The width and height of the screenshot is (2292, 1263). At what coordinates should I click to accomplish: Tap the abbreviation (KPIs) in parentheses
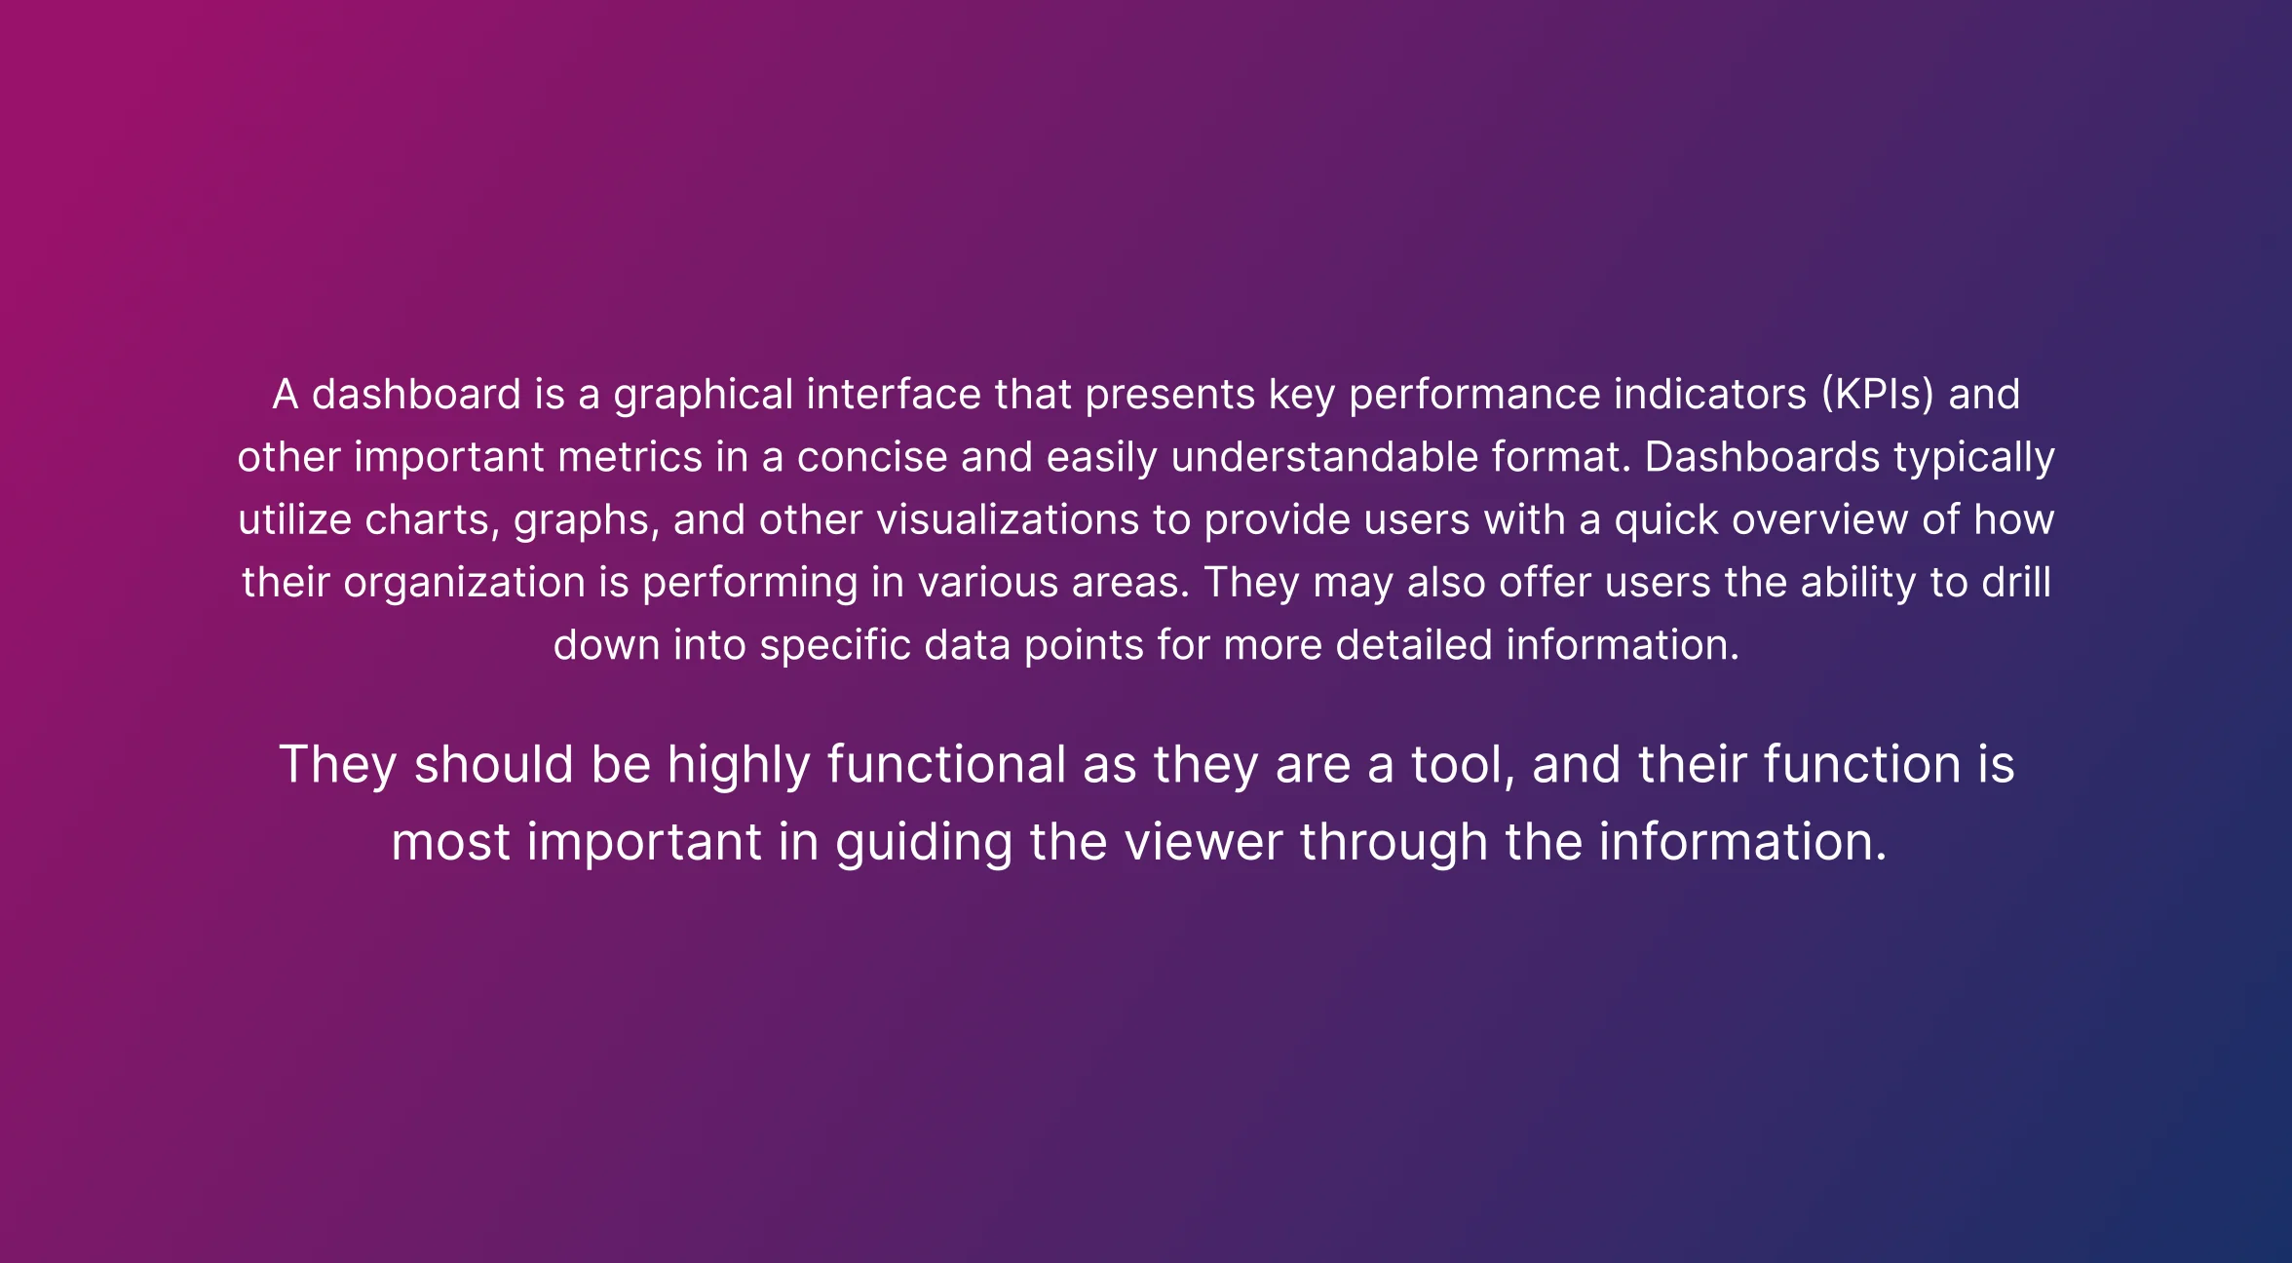tap(1877, 396)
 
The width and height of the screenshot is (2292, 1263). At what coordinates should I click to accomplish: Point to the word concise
tap(872, 458)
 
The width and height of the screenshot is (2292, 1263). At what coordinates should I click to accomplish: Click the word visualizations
tap(1008, 520)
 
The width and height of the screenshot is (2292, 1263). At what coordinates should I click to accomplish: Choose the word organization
tap(464, 583)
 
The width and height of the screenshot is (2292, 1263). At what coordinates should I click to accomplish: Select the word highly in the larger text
tap(739, 765)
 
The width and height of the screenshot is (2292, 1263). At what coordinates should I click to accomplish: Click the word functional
tap(946, 765)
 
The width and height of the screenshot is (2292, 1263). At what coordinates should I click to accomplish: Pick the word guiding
tap(924, 843)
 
